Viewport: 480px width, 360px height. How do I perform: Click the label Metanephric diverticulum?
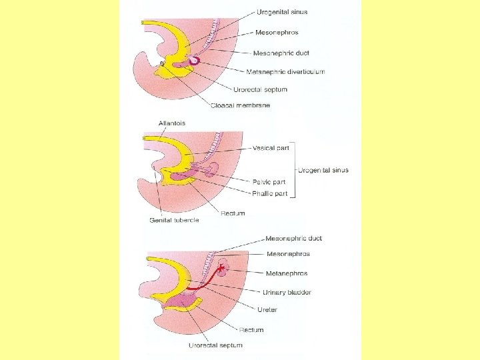[285, 71]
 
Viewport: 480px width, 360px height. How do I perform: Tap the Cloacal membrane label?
[240, 105]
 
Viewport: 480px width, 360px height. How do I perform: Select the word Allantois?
[171, 123]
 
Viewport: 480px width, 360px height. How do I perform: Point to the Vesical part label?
[271, 148]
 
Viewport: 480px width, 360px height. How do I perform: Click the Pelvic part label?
[269, 181]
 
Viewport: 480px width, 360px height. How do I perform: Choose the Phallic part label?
[270, 193]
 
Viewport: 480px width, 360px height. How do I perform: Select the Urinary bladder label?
[286, 292]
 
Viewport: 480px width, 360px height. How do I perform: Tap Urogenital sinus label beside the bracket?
[323, 170]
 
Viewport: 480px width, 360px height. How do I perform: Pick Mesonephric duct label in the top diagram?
[281, 53]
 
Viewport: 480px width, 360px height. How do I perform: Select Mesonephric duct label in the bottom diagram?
[293, 238]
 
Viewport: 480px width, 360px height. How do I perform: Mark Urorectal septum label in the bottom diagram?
[215, 345]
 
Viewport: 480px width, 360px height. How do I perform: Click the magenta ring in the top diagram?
[194, 60]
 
